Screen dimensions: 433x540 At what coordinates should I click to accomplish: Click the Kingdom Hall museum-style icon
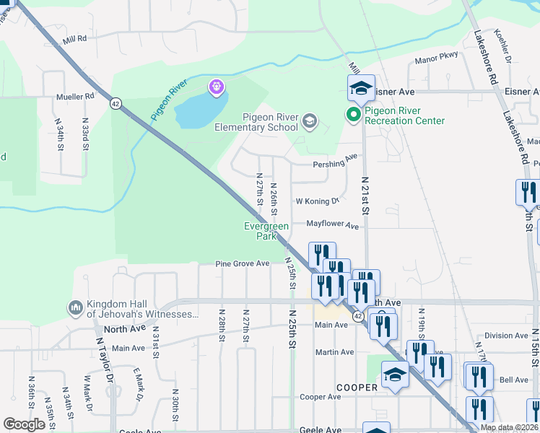click(76, 308)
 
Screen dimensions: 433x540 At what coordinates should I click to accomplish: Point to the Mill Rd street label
click(74, 38)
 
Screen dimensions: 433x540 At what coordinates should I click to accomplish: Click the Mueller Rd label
click(76, 96)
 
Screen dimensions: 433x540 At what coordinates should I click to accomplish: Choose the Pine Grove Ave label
click(242, 264)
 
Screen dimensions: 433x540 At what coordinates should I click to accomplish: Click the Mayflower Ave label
click(332, 226)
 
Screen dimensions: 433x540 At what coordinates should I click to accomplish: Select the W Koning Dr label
click(317, 201)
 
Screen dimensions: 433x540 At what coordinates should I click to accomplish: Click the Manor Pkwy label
click(437, 61)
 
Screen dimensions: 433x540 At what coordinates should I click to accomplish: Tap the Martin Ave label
click(334, 352)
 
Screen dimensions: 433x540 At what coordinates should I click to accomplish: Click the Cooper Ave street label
click(320, 397)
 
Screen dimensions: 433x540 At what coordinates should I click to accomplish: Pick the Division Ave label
click(506, 336)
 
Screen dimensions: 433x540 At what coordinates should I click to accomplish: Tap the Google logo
click(24, 424)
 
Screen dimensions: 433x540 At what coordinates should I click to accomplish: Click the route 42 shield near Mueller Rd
click(116, 104)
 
